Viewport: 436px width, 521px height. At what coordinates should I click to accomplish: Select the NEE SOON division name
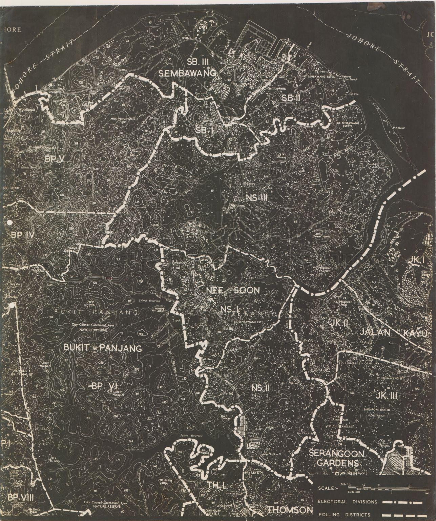point(233,291)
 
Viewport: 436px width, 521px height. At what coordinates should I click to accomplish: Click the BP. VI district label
point(104,386)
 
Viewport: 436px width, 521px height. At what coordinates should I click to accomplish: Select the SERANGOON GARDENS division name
point(336,458)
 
